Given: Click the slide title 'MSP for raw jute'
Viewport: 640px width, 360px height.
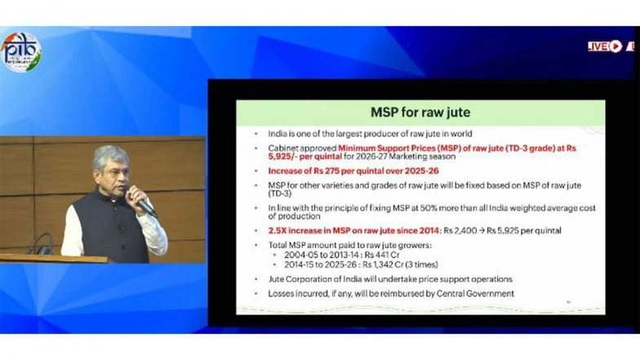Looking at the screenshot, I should click(x=420, y=111).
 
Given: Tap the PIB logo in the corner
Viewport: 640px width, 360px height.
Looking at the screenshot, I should click(x=20, y=52).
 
